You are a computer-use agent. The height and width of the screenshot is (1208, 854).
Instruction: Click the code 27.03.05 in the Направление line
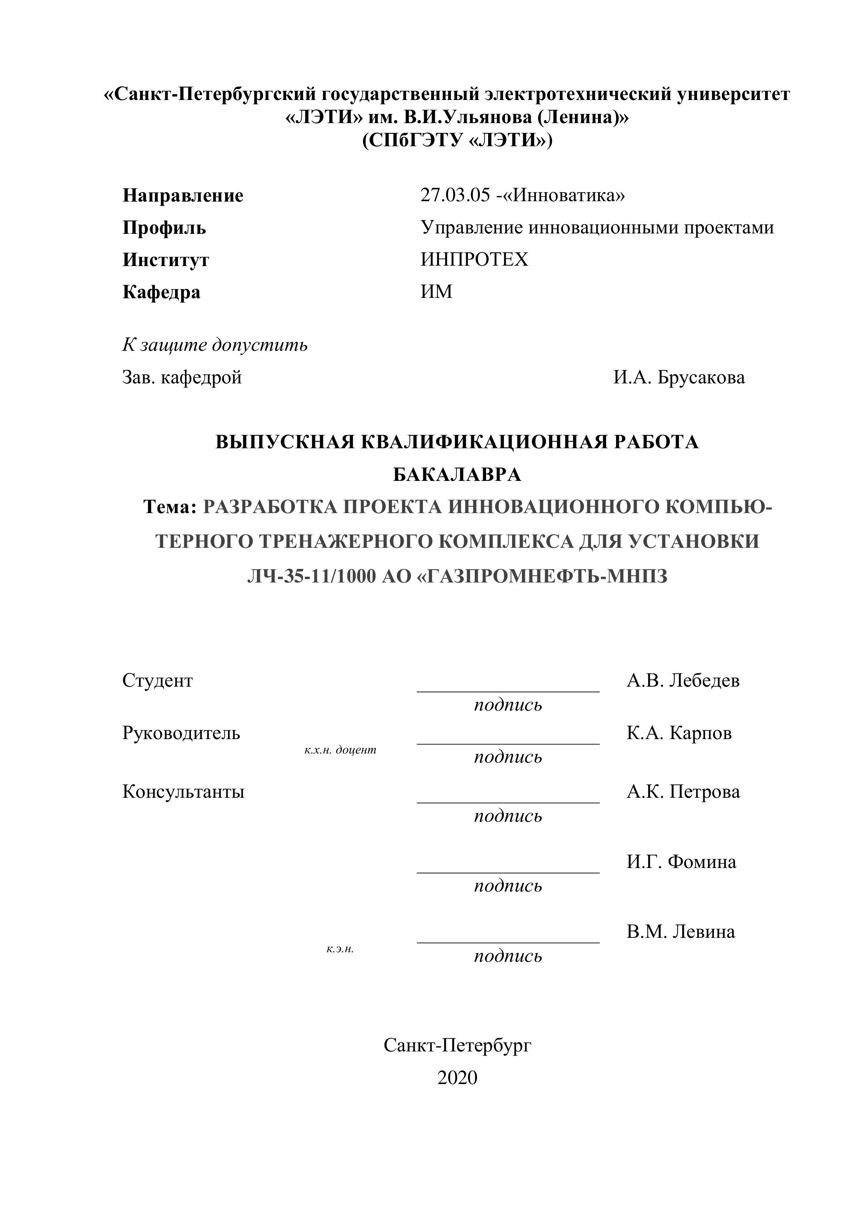(455, 195)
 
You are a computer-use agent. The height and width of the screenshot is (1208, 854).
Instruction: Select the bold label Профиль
(164, 228)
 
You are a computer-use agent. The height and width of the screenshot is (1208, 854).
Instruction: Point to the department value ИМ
(436, 292)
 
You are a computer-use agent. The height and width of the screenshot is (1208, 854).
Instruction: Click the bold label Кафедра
(161, 292)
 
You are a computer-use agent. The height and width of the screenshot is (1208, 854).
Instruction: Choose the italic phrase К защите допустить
(215, 345)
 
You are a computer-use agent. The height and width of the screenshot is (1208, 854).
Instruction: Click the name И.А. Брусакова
(678, 377)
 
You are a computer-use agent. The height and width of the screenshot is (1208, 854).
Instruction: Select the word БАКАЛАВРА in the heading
(457, 475)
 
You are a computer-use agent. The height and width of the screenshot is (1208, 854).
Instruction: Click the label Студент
(157, 680)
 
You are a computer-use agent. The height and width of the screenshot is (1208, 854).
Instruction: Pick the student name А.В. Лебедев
(683, 680)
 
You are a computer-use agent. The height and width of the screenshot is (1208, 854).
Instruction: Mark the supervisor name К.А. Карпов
(678, 733)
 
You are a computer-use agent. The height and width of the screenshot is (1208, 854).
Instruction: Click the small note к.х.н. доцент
(340, 750)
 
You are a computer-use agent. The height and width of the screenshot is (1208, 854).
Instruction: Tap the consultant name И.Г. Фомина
(681, 862)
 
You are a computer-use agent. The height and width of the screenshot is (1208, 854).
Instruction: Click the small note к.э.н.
(340, 949)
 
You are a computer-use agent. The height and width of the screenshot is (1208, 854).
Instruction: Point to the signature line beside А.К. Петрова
(508, 802)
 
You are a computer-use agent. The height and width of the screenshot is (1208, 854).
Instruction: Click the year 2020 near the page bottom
(457, 1077)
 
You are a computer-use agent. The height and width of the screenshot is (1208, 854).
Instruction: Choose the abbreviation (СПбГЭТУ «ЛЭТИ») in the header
(457, 140)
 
